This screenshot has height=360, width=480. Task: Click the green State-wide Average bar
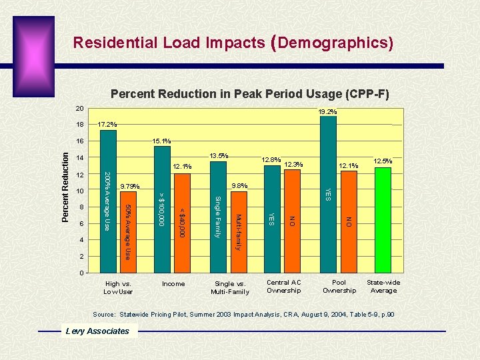tap(383, 220)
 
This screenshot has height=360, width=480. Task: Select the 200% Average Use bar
tap(108, 200)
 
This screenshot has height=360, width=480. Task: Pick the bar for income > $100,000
tap(162, 210)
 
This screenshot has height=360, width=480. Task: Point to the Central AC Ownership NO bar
tap(291, 221)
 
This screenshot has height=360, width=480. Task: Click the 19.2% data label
tap(327, 112)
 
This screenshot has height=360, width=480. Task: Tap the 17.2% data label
tap(107, 125)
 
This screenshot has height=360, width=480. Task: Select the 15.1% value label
tap(161, 141)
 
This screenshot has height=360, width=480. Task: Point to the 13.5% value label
tap(219, 155)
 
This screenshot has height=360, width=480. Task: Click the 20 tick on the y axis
tap(79, 109)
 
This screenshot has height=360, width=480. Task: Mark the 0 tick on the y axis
tap(81, 273)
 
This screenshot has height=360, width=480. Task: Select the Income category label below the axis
tap(173, 283)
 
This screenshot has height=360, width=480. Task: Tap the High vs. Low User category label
tap(119, 287)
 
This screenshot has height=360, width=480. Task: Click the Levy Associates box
tap(97, 331)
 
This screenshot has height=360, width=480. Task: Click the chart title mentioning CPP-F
tap(249, 94)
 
